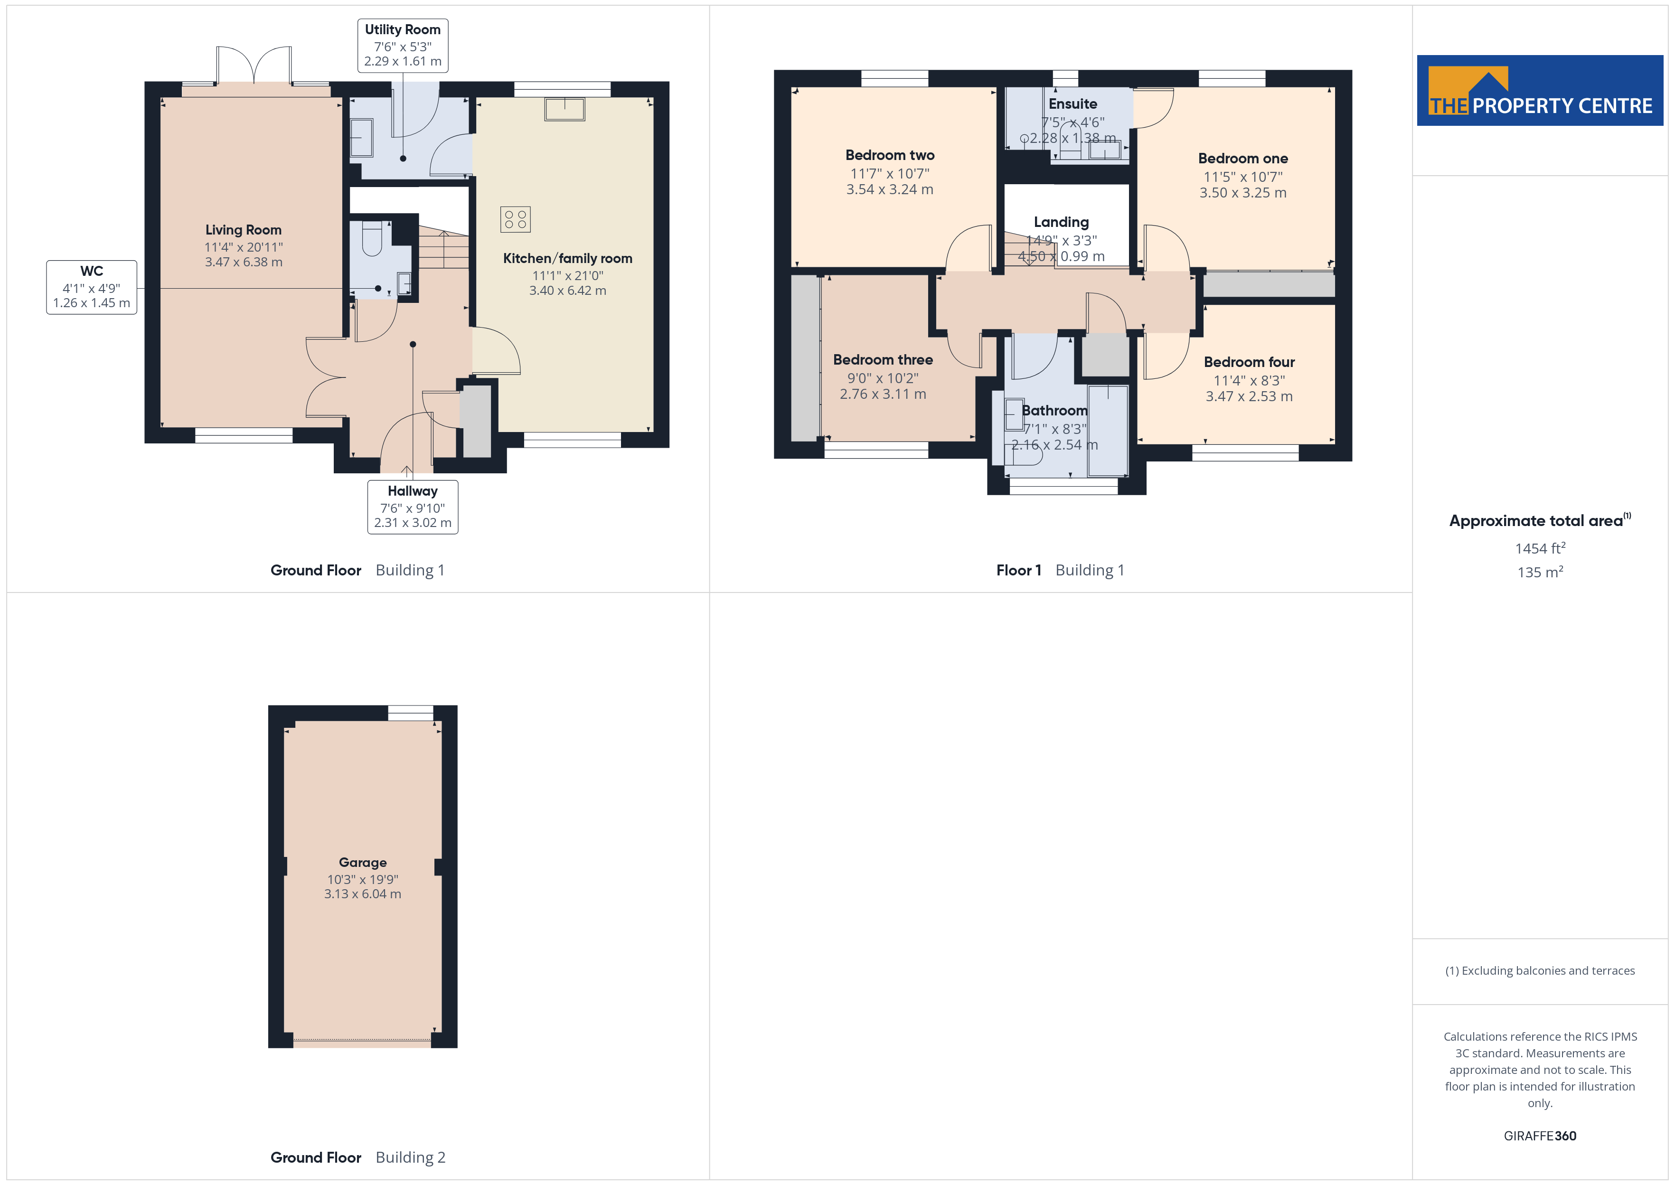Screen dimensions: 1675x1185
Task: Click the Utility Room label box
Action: tap(403, 45)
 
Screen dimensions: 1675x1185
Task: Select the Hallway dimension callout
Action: tap(413, 507)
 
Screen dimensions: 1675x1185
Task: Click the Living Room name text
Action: tap(243, 230)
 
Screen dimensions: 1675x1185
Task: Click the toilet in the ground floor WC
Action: tap(372, 239)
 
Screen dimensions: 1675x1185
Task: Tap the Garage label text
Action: tap(363, 863)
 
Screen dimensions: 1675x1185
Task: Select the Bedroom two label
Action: tap(890, 155)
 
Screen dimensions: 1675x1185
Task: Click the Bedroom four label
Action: tap(1249, 362)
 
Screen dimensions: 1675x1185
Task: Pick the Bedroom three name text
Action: tap(883, 360)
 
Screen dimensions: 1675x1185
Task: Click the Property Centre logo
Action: tap(1540, 91)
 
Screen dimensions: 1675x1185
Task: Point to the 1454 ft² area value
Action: tap(1540, 548)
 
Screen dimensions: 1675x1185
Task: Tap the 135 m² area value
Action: tap(1540, 572)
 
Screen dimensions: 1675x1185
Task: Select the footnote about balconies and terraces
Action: tap(1540, 970)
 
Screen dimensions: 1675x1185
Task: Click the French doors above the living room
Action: tap(254, 66)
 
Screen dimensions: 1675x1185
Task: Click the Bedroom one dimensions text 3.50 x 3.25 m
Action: tap(1243, 193)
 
